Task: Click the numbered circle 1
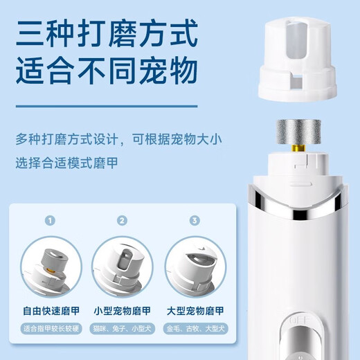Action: [x=50, y=220]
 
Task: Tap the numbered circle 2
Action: [x=122, y=220]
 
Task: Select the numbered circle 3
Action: [x=195, y=220]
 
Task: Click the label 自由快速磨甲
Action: [x=51, y=311]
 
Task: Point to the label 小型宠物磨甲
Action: [x=123, y=311]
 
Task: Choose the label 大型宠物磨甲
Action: [x=195, y=311]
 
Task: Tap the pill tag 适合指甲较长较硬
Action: [x=51, y=328]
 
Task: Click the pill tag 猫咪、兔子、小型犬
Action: [x=123, y=328]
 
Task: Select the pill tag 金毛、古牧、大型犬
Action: [x=196, y=328]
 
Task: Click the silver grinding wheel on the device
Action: [x=298, y=132]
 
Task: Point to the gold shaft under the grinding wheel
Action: [x=298, y=148]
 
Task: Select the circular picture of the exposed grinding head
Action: [x=51, y=267]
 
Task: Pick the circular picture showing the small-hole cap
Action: [x=123, y=267]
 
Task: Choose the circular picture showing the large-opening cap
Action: [x=195, y=267]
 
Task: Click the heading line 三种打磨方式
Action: [x=107, y=34]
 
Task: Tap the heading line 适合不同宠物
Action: [x=107, y=71]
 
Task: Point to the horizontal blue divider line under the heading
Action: [x=107, y=107]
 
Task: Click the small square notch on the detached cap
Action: [x=296, y=82]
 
